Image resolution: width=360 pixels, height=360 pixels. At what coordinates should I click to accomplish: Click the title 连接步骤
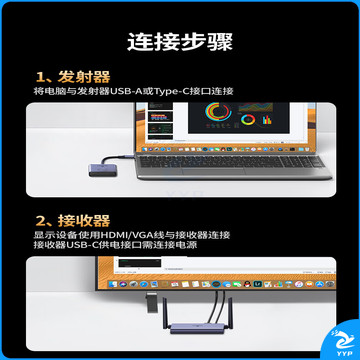point(180,42)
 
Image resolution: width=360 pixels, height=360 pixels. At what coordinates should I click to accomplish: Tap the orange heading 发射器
point(84,77)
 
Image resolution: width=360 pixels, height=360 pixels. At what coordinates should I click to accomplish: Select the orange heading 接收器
point(84,221)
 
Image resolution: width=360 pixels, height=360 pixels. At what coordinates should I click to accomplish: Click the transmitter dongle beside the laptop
point(98,169)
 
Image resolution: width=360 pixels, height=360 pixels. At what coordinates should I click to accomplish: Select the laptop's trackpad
point(214,171)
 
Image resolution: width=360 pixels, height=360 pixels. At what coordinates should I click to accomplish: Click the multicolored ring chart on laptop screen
point(218,112)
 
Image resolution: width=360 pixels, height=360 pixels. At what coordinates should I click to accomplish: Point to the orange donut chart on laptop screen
point(248,120)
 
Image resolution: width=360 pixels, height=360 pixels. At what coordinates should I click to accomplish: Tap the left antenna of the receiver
point(166,313)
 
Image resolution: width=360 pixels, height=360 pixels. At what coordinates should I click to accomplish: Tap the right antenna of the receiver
point(230,312)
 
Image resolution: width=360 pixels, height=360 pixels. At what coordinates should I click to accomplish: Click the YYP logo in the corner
point(341,343)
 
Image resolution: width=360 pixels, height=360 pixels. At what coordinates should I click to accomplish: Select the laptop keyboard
point(231,161)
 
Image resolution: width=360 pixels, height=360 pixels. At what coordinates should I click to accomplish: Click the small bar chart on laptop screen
point(267,120)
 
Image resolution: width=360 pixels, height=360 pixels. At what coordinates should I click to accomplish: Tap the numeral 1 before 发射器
point(40,78)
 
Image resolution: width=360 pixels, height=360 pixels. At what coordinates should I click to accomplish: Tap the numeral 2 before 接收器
point(41,221)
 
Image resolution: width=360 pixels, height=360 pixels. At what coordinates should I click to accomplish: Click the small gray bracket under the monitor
point(152,302)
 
